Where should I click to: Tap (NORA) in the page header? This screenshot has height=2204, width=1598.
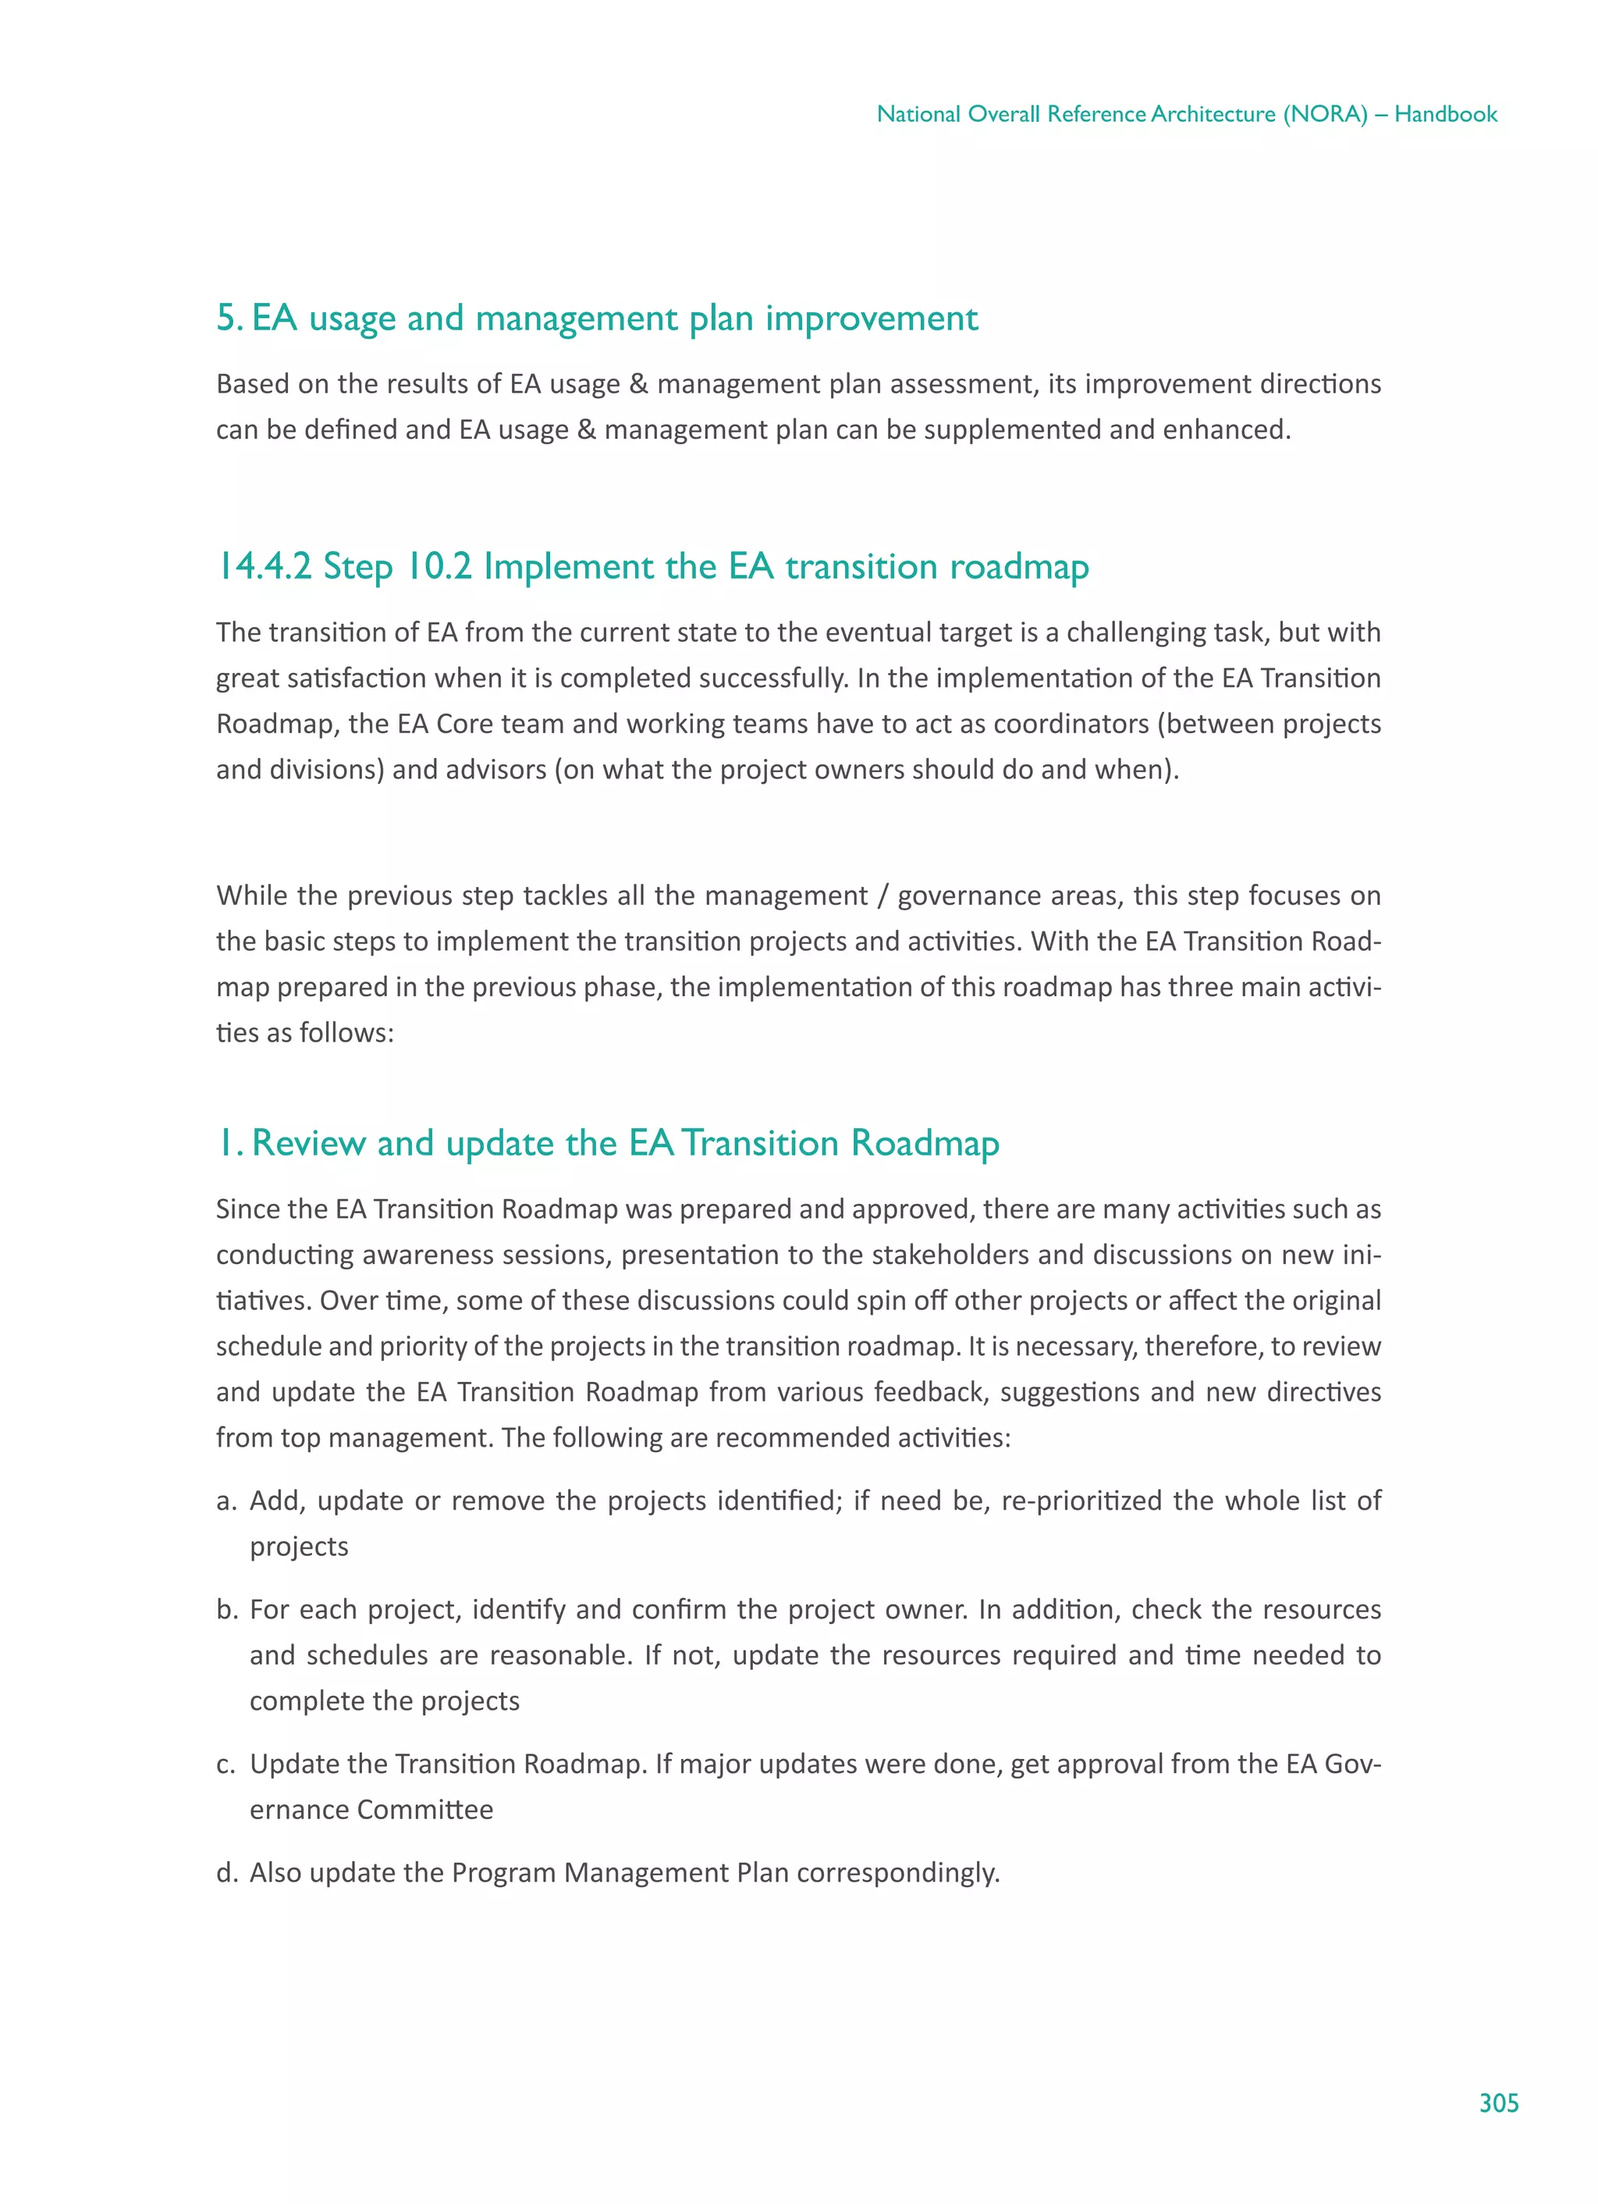(x=1325, y=114)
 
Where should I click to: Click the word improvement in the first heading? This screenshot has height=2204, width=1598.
(x=872, y=318)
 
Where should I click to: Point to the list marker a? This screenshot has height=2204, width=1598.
(x=225, y=1501)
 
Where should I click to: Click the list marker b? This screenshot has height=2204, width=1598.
(x=226, y=1610)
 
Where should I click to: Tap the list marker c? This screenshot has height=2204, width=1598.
(x=225, y=1764)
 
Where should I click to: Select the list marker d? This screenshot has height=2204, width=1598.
(x=226, y=1874)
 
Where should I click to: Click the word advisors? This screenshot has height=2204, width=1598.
(x=495, y=770)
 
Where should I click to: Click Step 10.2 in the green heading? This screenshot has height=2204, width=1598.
(x=397, y=567)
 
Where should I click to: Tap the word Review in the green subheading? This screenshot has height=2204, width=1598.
(x=308, y=1144)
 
